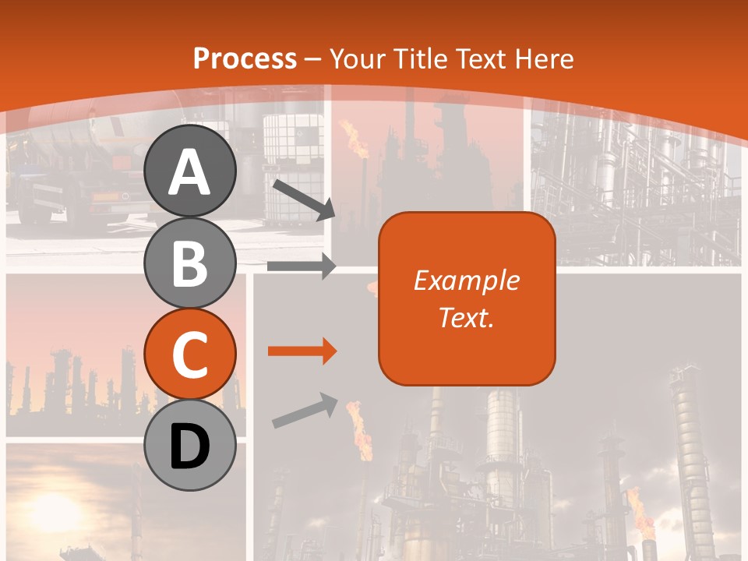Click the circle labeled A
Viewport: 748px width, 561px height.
(190, 173)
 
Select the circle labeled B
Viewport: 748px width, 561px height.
(190, 263)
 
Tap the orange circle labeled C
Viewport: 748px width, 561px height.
(190, 355)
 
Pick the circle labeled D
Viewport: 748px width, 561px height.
(190, 446)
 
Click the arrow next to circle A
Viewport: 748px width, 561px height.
(303, 199)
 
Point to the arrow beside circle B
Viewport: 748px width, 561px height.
(301, 266)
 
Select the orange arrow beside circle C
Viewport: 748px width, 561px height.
(301, 351)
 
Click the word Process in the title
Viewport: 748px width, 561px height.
(245, 58)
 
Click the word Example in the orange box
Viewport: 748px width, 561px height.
(466, 280)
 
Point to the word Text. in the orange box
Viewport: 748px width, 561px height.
(466, 317)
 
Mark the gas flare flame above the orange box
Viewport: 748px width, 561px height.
(358, 140)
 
